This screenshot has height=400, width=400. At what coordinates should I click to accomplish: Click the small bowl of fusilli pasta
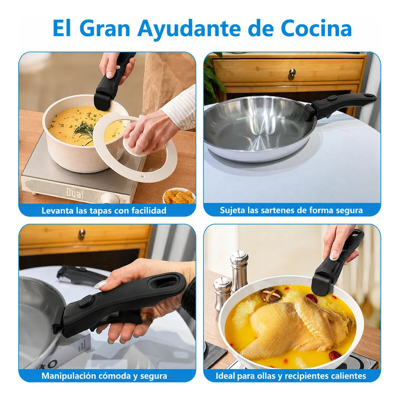(179, 196)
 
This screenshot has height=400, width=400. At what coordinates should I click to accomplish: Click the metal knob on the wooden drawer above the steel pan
(292, 74)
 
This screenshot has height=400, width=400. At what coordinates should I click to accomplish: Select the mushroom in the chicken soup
(271, 295)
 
